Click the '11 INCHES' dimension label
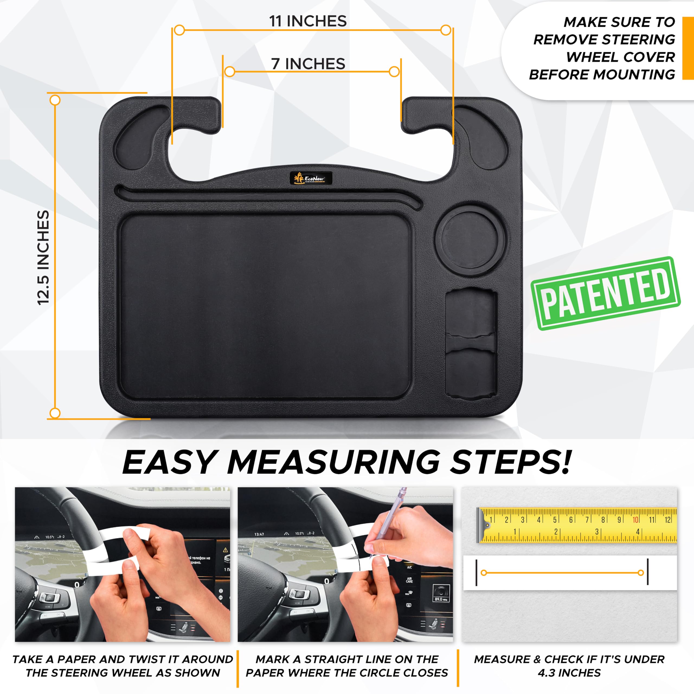[x=308, y=21]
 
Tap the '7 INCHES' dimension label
[x=308, y=64]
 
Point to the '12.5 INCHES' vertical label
[x=43, y=258]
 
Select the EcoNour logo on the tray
[x=311, y=178]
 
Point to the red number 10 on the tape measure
[x=635, y=520]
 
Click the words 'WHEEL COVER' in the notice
[x=621, y=57]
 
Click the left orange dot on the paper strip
[x=484, y=573]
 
